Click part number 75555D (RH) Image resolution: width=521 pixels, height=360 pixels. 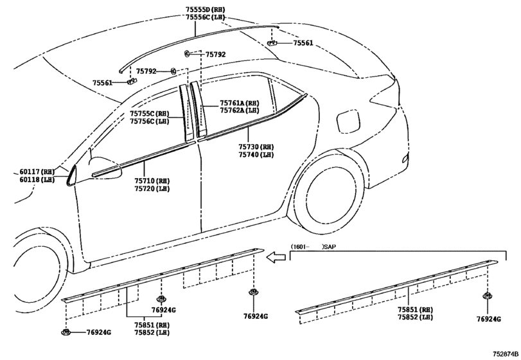206,10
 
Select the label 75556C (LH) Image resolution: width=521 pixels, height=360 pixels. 206,17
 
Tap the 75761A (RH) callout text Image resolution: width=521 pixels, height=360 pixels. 239,103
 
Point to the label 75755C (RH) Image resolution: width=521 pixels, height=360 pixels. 150,114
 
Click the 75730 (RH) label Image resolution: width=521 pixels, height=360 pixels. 256,147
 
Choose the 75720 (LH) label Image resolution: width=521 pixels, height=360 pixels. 152,189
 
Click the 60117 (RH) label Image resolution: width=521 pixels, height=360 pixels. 37,172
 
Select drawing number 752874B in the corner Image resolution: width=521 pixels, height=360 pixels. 506,354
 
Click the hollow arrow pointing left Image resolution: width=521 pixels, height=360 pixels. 276,257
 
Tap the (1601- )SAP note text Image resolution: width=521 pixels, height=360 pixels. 313,247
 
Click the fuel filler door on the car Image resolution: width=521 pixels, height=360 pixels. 348,122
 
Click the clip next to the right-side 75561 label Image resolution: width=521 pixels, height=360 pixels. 272,43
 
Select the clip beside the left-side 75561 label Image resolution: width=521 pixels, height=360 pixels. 132,81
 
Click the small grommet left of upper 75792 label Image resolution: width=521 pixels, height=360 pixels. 187,53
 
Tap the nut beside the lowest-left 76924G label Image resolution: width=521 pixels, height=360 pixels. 66,332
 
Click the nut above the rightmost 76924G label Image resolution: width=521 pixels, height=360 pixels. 488,296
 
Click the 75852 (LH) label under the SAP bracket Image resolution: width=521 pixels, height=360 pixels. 416,317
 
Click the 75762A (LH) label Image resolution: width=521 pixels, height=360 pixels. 239,111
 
